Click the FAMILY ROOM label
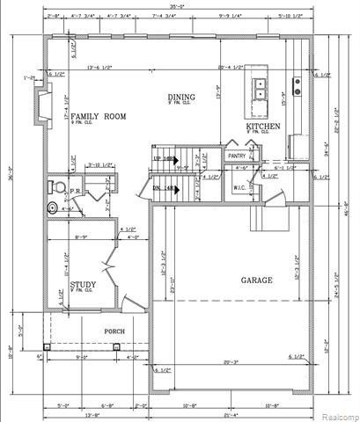pos(99,116)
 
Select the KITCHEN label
pos(263,127)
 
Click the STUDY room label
pos(84,284)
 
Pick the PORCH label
pos(115,331)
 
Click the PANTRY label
pos(236,156)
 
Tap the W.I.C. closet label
pos(240,186)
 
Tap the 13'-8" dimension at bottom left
pos(67,414)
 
